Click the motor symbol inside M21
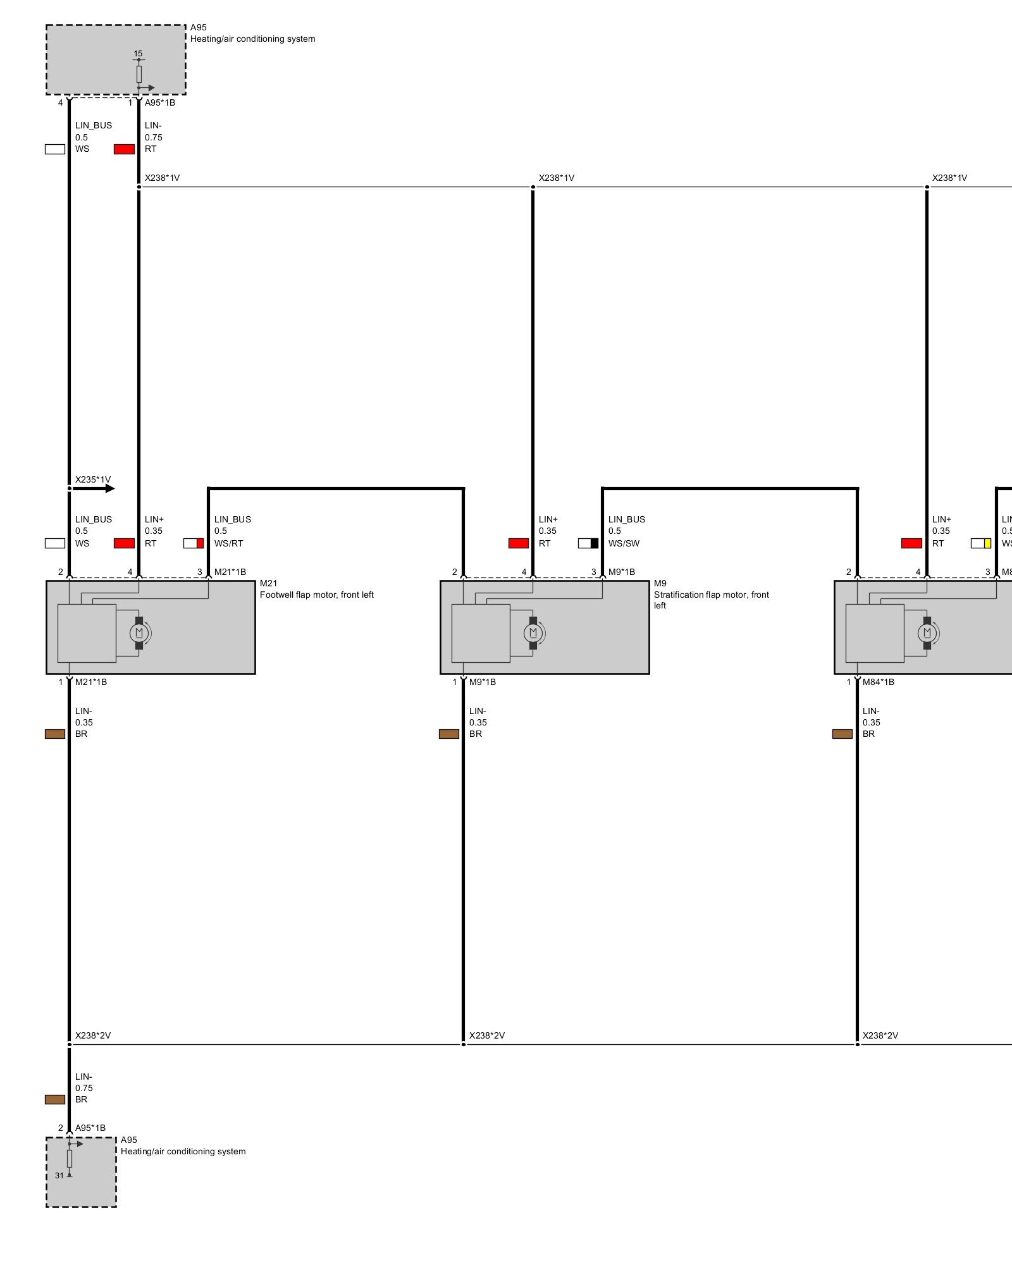tap(139, 632)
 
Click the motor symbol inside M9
tap(533, 632)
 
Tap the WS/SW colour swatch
tap(588, 543)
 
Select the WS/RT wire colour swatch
tap(194, 543)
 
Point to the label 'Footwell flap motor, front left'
tap(316, 595)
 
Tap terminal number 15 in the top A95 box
tap(138, 54)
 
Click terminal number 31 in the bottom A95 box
tap(59, 1175)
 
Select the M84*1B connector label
tap(879, 682)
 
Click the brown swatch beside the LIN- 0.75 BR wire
tap(55, 1099)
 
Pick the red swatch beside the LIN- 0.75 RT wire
tap(124, 149)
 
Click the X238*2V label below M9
tap(487, 1035)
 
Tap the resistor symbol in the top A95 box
tap(139, 74)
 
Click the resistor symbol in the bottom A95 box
tap(70, 1159)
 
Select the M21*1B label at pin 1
tap(91, 682)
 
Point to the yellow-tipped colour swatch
tap(981, 543)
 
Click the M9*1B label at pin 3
tap(622, 572)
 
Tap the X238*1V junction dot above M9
tap(533, 187)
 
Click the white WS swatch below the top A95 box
tap(55, 149)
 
